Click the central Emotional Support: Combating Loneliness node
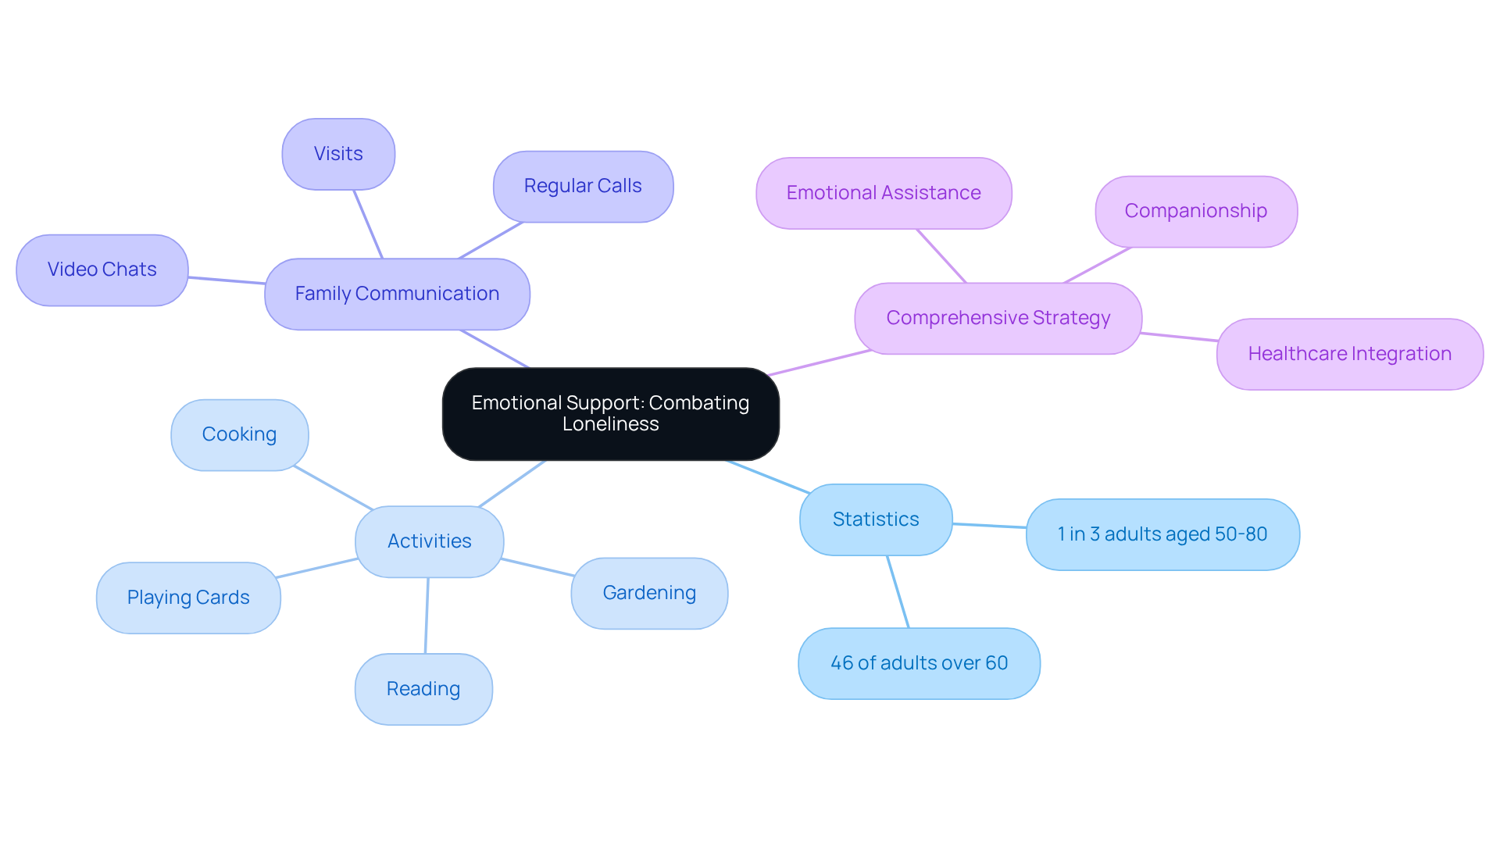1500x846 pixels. tap(610, 413)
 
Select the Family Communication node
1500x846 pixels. tap(397, 294)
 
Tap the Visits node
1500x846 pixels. tap(338, 154)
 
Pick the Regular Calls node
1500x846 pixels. tap(583, 186)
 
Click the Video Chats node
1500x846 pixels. tap(102, 270)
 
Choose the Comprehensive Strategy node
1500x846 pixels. tap(998, 318)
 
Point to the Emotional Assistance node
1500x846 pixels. tap(884, 193)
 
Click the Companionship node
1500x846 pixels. tap(1195, 211)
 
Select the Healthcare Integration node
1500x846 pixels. tap(1349, 354)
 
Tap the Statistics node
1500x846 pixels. tap(876, 519)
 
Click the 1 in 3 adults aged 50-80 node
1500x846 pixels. tap(1162, 534)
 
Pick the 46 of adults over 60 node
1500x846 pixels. tap(919, 663)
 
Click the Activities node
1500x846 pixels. tap(429, 541)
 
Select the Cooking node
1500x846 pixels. tap(239, 434)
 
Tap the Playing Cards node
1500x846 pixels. tap(188, 598)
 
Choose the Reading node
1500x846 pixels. tap(423, 689)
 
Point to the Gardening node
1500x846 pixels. tap(649, 593)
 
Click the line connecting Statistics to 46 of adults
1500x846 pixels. tap(898, 591)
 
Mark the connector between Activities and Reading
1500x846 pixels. tap(427, 616)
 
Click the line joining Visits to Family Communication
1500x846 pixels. tap(368, 224)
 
